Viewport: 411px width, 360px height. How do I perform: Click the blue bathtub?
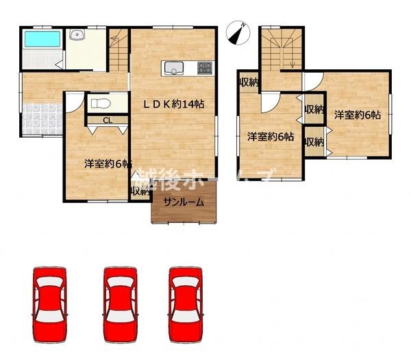tap(41, 38)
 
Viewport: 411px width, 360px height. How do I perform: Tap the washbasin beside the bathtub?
tap(77, 37)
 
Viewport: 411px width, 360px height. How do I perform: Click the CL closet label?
tap(108, 121)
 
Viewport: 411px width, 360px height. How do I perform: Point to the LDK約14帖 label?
tap(175, 104)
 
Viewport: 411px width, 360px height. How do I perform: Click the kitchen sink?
tap(172, 67)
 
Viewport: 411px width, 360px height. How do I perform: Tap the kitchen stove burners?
tap(205, 68)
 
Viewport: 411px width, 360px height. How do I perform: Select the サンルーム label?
tap(183, 202)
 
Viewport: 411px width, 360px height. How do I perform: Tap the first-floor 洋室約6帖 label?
tap(108, 164)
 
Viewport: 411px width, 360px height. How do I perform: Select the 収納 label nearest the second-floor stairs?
tap(248, 82)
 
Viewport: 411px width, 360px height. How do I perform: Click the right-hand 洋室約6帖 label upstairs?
tap(358, 115)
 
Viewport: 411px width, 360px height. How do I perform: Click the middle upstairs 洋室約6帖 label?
tap(271, 136)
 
